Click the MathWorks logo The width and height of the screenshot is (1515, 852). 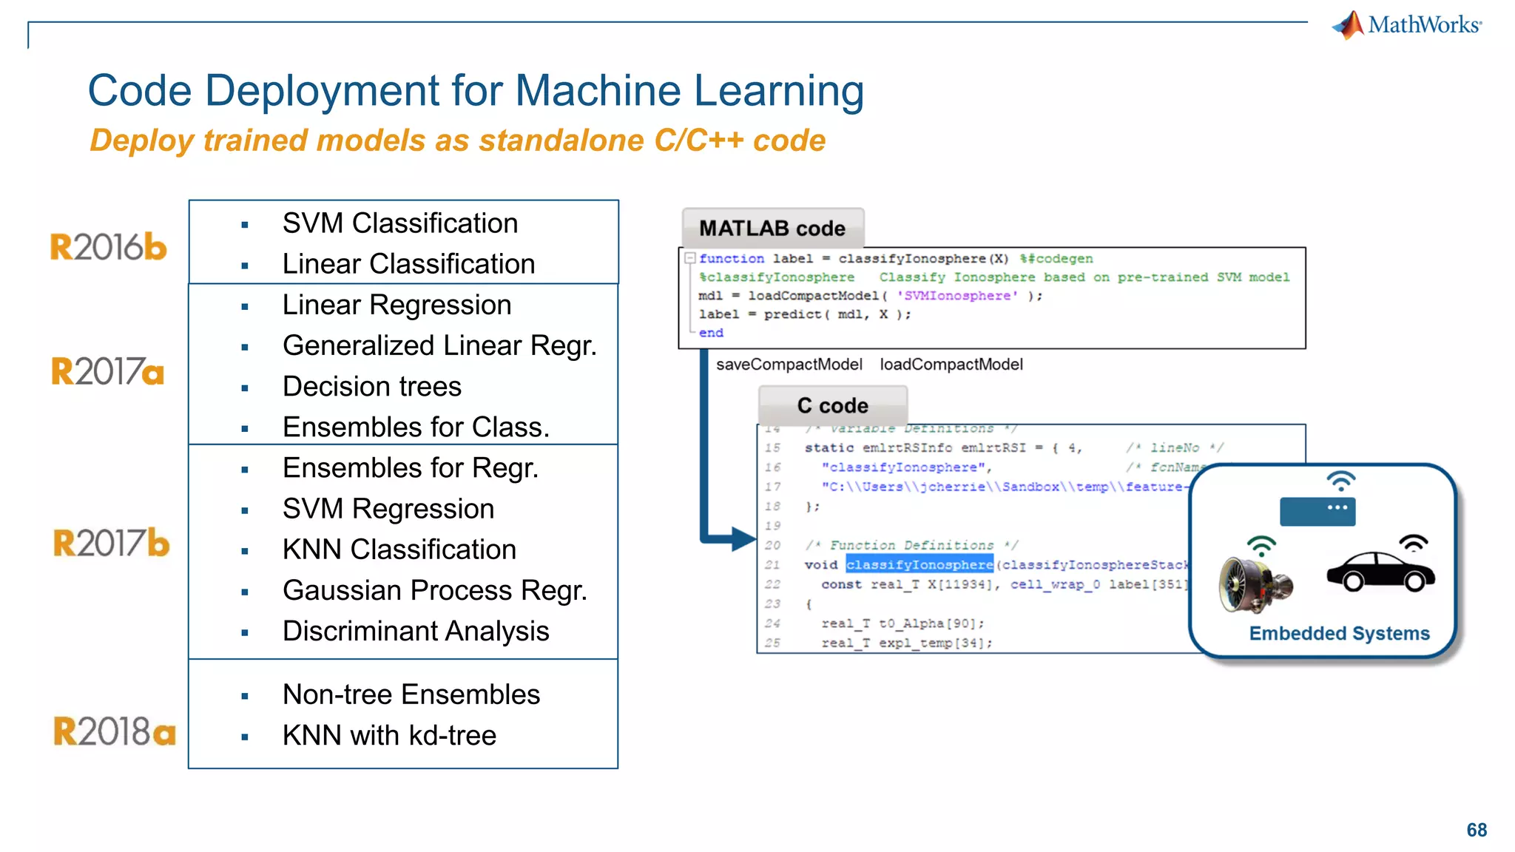click(x=1407, y=25)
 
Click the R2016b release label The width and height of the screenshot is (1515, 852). click(x=108, y=247)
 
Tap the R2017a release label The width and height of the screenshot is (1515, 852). click(x=108, y=371)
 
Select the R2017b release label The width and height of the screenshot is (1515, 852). click(x=111, y=544)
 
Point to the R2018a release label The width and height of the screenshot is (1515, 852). click(x=114, y=731)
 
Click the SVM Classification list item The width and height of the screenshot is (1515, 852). click(x=399, y=223)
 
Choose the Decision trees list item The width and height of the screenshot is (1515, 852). click(x=371, y=387)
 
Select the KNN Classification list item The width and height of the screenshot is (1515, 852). click(x=399, y=550)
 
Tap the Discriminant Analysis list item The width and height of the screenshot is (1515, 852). click(x=415, y=632)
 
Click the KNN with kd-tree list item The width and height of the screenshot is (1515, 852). click(x=389, y=736)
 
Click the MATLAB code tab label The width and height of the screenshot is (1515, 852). click(x=772, y=229)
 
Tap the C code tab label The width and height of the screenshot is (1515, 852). click(x=832, y=406)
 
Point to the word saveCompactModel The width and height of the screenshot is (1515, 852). click(x=789, y=365)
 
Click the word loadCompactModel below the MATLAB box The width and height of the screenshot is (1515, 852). click(x=951, y=365)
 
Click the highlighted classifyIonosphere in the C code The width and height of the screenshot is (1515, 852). click(x=919, y=565)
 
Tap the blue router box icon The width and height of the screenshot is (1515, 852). click(x=1317, y=512)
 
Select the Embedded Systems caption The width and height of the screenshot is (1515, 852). click(x=1339, y=634)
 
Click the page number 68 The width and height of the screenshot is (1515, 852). click(x=1476, y=830)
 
